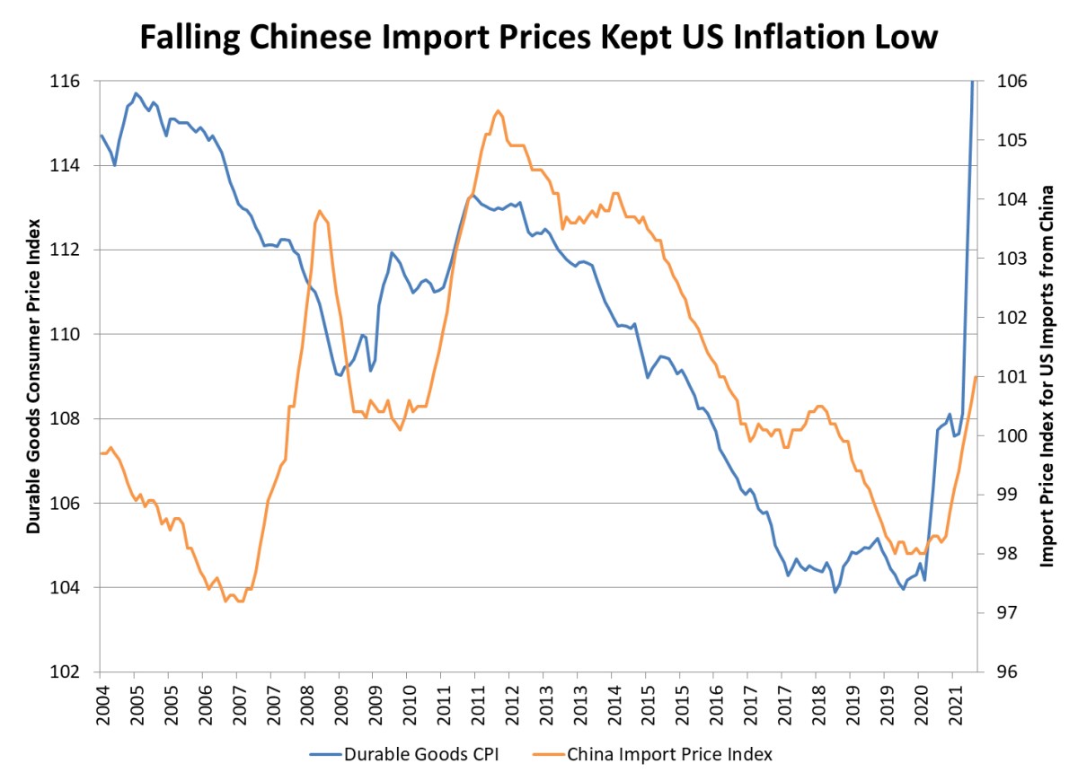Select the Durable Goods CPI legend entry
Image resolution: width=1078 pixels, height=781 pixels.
tap(403, 754)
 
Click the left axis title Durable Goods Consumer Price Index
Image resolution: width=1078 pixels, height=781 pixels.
tap(33, 376)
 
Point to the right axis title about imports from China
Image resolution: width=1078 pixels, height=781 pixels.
tap(1046, 376)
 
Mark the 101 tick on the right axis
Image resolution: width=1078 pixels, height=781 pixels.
tap(1008, 377)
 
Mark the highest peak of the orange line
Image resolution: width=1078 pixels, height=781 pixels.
tap(498, 110)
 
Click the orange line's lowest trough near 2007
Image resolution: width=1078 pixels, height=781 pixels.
tap(226, 601)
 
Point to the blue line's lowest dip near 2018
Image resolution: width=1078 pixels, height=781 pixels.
tap(835, 592)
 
